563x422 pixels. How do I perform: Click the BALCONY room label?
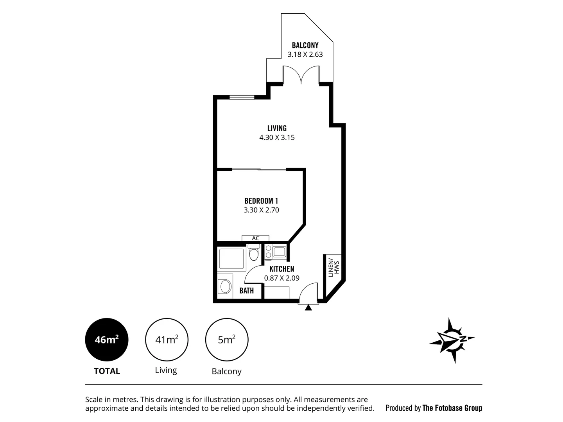point(305,45)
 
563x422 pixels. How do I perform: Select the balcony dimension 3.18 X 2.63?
point(305,55)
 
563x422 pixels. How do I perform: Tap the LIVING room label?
point(277,128)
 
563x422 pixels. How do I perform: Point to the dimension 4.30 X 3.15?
point(277,138)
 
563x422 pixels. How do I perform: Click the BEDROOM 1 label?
point(261,201)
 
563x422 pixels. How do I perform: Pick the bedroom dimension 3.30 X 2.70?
point(261,210)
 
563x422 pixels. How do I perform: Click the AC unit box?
point(255,238)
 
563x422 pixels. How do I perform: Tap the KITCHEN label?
point(282,269)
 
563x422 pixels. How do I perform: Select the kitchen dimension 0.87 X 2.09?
point(282,278)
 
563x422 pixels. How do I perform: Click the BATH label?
point(247,291)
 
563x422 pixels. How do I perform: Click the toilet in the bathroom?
point(254,253)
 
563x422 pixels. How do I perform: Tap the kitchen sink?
point(279,252)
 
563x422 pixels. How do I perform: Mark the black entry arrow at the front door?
point(308,308)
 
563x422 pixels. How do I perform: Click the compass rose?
point(452,340)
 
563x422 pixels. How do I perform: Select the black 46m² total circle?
point(107,340)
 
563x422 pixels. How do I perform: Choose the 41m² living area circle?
point(167,340)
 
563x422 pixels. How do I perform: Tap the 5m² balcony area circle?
point(227,340)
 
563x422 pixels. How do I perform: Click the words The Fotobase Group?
point(452,408)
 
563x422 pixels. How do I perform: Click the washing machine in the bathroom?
point(226,286)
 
